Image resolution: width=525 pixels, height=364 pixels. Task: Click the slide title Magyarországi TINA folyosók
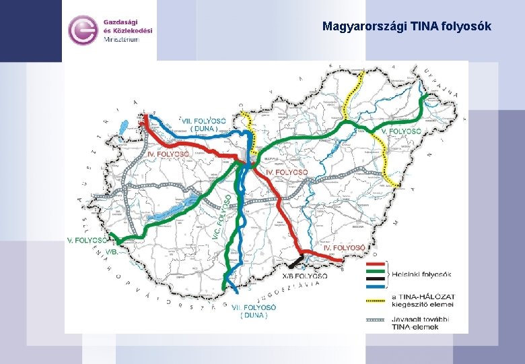pos(407,26)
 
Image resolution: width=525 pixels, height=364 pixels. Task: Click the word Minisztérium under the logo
pos(121,40)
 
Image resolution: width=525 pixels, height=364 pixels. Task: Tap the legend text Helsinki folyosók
pos(423,274)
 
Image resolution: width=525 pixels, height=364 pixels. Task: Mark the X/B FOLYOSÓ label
pos(305,276)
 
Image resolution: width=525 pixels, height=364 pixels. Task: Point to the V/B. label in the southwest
pos(111,251)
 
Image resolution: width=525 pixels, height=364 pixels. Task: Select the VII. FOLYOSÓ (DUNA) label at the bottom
pos(250,311)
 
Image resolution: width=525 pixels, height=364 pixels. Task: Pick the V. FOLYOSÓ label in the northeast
pos(401,130)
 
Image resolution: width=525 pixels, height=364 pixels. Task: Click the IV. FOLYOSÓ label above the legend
pos(345,248)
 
